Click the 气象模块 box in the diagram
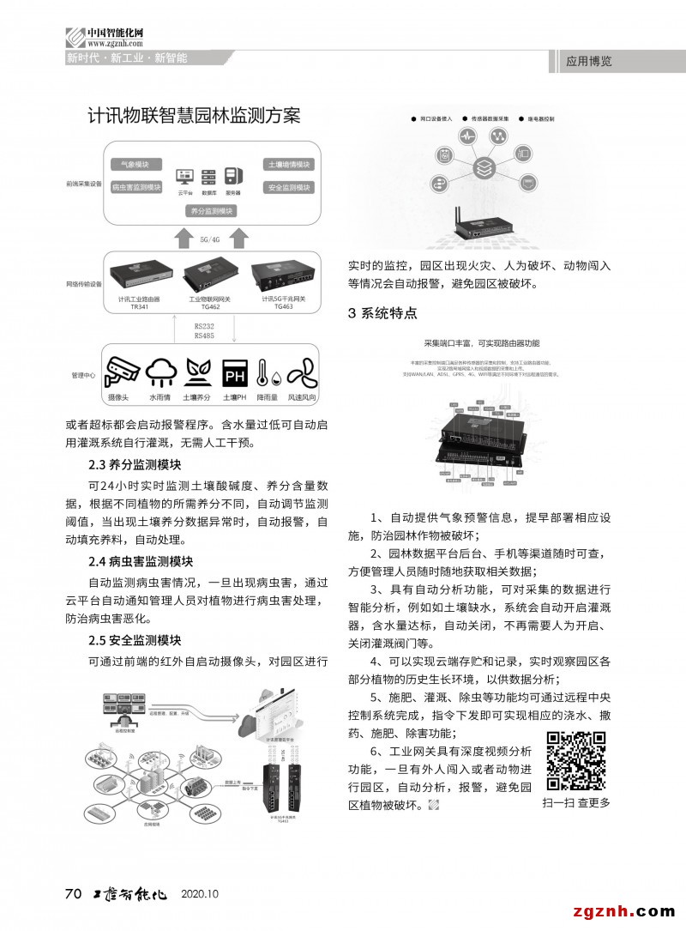point(136,164)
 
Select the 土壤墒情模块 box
point(288,164)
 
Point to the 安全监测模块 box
point(288,187)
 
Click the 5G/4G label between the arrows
point(210,239)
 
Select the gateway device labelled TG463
point(282,275)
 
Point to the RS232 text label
point(204,326)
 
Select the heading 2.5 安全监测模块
point(135,641)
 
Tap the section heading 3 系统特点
point(382,313)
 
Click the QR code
point(576,760)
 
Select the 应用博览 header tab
point(589,62)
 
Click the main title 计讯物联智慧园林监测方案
point(194,116)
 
